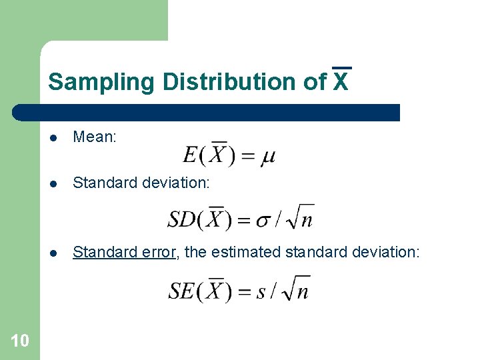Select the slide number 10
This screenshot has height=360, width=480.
[x=20, y=341]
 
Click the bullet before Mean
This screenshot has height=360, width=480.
[x=55, y=138]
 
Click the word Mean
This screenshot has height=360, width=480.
[x=95, y=137]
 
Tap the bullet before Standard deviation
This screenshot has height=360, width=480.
[x=55, y=183]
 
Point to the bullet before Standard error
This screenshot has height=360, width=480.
[x=55, y=252]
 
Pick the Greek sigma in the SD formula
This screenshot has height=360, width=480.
[x=265, y=219]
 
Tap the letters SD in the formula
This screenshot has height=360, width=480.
[x=181, y=218]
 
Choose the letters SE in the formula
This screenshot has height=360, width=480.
[x=181, y=290]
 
